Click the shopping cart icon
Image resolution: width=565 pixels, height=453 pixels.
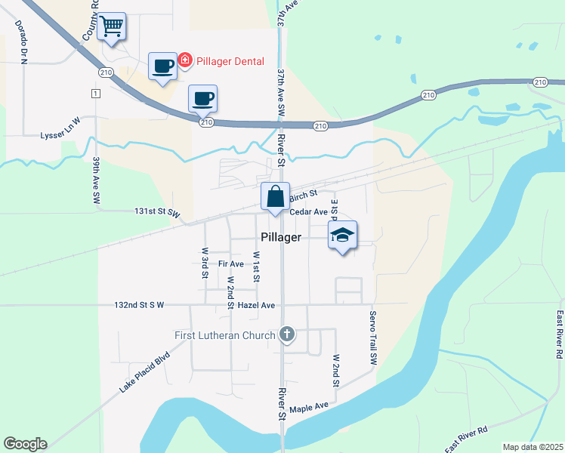112,27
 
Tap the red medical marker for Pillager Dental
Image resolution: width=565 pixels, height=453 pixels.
184,60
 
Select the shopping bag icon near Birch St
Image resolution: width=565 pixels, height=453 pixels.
276,196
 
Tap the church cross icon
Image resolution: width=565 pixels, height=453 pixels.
286,334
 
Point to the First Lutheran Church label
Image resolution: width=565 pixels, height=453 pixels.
224,335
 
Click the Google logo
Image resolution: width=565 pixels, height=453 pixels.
25,444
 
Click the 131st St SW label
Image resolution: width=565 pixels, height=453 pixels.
158,213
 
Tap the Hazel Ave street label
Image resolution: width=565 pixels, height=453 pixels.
255,305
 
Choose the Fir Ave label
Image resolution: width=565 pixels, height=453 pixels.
230,264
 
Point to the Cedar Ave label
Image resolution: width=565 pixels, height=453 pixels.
308,212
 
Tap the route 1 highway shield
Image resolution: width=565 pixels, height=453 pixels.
95,94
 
